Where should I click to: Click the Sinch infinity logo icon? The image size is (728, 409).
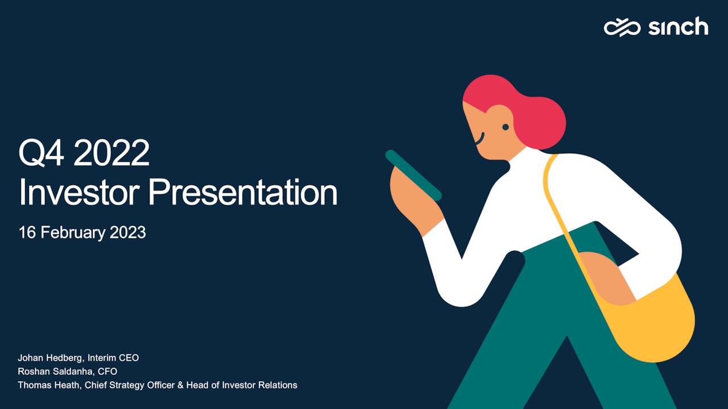point(622,28)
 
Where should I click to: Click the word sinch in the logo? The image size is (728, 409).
point(679,26)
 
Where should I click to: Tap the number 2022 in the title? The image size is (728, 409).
point(112,153)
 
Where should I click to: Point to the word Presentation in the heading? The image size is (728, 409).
point(243,192)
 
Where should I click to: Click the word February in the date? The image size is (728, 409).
point(73,233)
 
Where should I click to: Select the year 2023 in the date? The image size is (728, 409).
point(128,232)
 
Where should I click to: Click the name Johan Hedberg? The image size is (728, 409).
point(51,358)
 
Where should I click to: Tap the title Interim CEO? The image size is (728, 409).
point(113,358)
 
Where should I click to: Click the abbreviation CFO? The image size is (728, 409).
point(107,372)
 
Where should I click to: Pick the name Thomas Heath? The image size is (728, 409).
point(49,385)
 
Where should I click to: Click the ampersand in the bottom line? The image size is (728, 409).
point(180,385)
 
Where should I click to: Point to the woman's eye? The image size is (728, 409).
point(506,127)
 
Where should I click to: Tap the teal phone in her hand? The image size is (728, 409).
point(413,176)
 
